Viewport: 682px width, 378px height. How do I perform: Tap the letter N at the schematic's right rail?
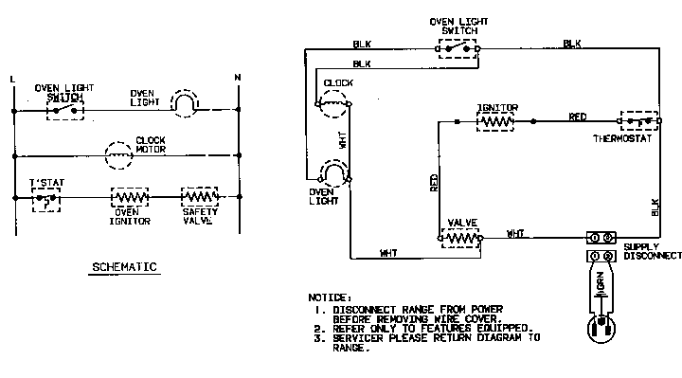(x=237, y=76)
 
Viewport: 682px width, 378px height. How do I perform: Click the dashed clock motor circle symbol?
(x=117, y=153)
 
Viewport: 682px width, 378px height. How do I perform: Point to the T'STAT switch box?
(x=45, y=198)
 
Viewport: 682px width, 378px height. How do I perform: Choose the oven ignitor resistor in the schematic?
(x=130, y=198)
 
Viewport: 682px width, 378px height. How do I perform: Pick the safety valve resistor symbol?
(x=200, y=198)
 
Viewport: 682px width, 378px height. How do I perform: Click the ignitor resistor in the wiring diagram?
(x=495, y=121)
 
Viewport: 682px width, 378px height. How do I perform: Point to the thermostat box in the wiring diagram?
(x=640, y=122)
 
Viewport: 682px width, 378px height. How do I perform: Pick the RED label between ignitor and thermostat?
(x=577, y=117)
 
